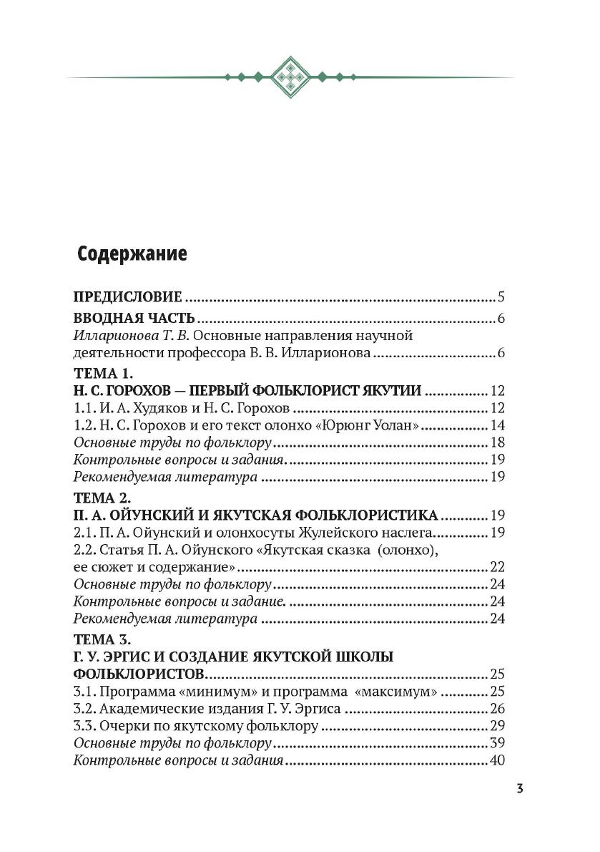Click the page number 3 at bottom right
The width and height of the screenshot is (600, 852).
(520, 789)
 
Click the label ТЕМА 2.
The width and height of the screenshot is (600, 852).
(103, 497)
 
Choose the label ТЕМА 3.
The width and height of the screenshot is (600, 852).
(103, 639)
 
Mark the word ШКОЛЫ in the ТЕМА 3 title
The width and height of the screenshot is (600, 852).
(362, 657)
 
